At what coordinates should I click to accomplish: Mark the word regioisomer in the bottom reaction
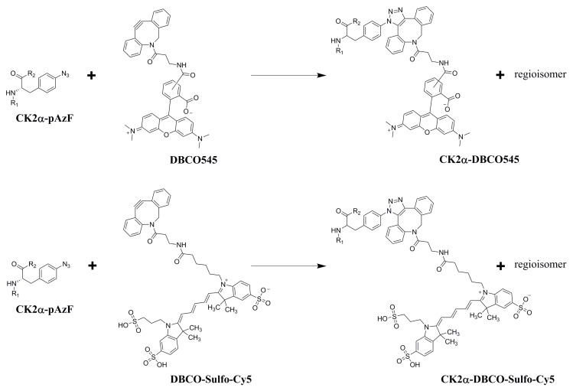point(534,264)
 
